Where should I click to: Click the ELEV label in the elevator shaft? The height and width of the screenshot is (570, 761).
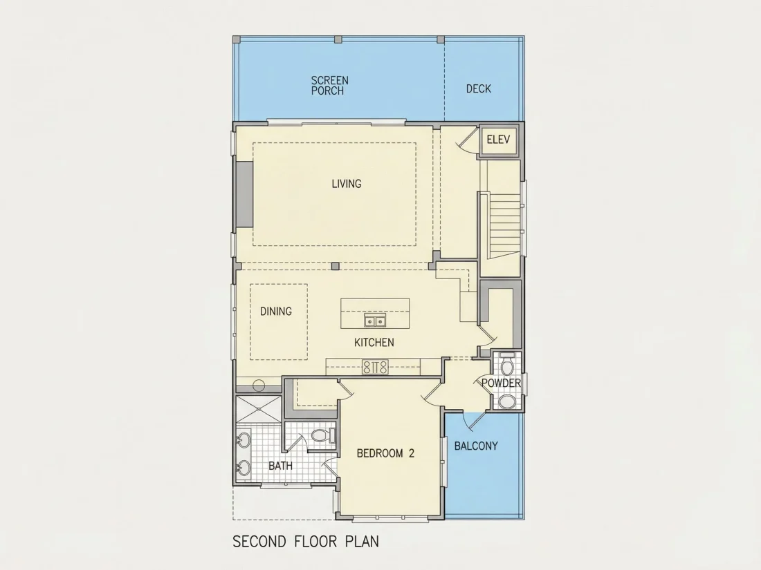point(498,140)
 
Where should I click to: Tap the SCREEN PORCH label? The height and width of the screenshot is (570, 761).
point(329,85)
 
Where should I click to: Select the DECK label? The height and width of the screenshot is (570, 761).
point(479,88)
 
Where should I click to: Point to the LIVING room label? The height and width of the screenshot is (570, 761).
point(347,184)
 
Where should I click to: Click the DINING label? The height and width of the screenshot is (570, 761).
point(275,311)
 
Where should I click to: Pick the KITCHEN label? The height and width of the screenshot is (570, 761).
point(374,342)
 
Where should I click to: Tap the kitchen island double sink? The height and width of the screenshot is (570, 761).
point(375,321)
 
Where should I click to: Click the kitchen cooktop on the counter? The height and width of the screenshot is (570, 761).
point(375,366)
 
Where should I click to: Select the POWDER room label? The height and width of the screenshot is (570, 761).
point(501,383)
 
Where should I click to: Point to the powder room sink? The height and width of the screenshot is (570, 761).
point(507,401)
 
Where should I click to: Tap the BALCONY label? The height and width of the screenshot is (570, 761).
point(476,446)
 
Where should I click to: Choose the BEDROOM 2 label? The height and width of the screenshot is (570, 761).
point(385,453)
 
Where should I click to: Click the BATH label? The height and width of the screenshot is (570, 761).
point(280,466)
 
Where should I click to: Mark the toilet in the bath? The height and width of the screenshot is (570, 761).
point(321,435)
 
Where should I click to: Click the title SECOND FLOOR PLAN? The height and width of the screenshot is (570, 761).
point(306,542)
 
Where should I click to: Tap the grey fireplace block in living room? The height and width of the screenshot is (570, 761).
point(245,194)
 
